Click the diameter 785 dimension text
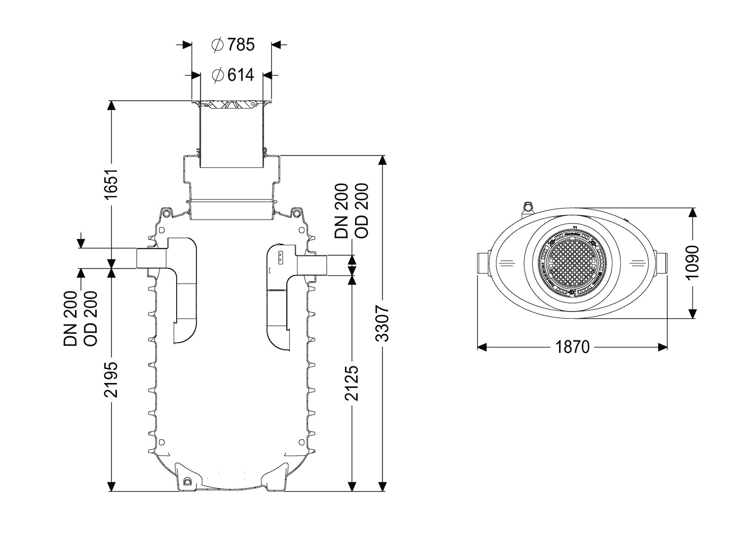pos(232,45)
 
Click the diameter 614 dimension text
pos(232,75)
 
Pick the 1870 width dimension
pos(572,347)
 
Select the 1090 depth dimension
pos(693,262)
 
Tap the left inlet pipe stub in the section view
pos(151,259)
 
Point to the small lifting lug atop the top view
pos(528,205)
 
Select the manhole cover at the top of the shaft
pos(231,105)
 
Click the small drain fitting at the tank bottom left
pos(187,481)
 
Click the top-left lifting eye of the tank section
pos(167,213)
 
